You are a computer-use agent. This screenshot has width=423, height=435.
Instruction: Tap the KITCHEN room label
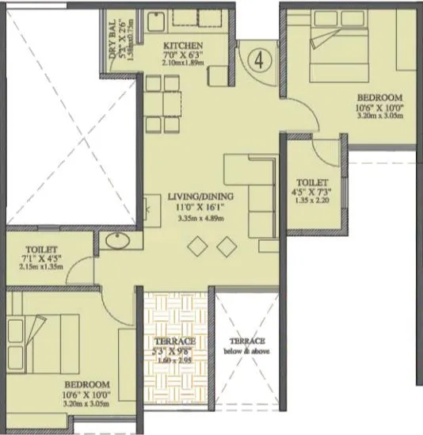click(x=184, y=46)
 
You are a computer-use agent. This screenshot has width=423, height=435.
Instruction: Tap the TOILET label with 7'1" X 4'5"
click(x=36, y=248)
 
